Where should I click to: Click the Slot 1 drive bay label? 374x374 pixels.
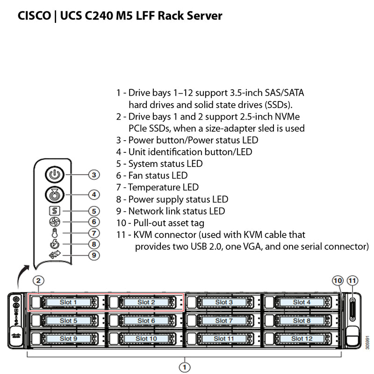pos(68,302)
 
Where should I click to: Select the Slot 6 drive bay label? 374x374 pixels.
pos(146,321)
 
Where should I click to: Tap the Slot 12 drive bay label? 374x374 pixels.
pos(302,338)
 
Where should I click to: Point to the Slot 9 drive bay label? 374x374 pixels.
pos(68,338)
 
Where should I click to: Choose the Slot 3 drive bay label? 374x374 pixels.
pos(224,302)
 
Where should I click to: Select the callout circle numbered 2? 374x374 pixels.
pos(39,281)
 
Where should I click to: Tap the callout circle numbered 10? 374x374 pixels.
pos(338,280)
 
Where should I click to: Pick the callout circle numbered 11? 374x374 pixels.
pos(352,280)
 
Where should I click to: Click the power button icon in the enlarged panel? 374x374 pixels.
pos(55,175)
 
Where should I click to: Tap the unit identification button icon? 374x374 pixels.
pos(55,194)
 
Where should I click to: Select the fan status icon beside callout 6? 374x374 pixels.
pos(55,222)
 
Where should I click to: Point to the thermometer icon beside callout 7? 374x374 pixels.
pos(55,233)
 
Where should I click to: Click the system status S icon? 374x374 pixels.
pos(55,211)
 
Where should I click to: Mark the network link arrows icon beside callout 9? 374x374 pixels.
pos(55,255)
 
